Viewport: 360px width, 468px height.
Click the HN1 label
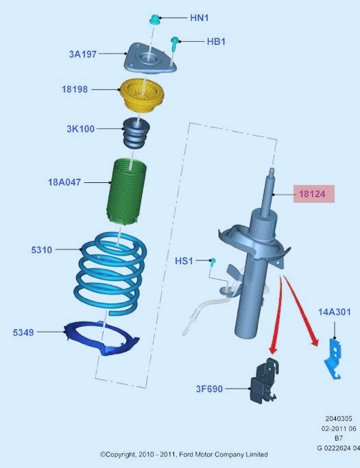pos(200,18)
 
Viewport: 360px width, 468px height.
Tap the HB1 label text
pos(216,41)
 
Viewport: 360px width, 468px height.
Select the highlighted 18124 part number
pos(312,194)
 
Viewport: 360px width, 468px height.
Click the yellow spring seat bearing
pos(142,95)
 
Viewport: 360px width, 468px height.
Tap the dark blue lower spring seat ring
pos(101,338)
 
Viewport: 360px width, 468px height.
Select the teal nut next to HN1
pos(154,19)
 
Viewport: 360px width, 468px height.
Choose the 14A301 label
pos(335,312)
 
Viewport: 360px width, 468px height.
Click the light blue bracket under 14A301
pos(332,358)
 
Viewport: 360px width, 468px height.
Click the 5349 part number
pos(23,332)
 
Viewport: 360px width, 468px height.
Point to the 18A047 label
pos(64,182)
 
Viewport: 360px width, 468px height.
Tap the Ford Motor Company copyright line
pos(184,454)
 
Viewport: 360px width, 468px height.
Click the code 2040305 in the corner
pos(339,419)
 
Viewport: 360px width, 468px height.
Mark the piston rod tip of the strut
pos(272,170)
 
